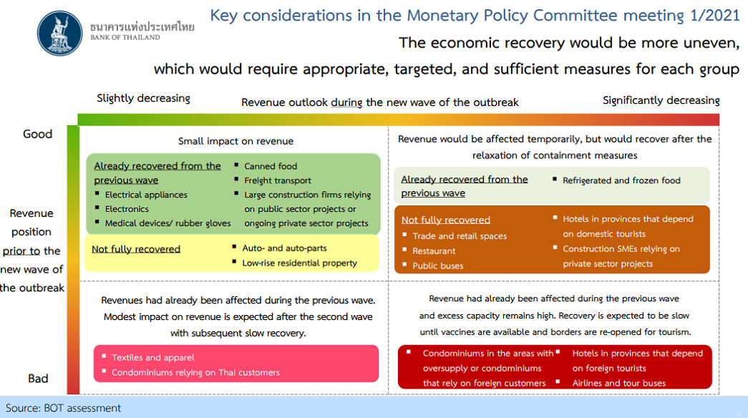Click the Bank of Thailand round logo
(x=60, y=33)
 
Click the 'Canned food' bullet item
(x=271, y=166)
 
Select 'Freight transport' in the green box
(x=278, y=180)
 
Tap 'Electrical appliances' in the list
(x=146, y=195)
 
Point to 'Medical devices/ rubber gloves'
(x=167, y=223)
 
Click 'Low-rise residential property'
(x=300, y=263)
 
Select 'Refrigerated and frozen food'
(x=621, y=180)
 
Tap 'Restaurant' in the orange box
(x=434, y=251)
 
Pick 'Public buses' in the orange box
(x=438, y=266)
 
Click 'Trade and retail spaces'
(x=460, y=236)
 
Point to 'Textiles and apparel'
(x=153, y=357)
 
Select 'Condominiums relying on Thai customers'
(x=195, y=372)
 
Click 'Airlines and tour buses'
(x=618, y=383)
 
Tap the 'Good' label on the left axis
(x=38, y=134)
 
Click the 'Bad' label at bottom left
(x=38, y=379)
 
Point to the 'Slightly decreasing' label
(x=144, y=98)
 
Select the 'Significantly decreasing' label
(x=661, y=100)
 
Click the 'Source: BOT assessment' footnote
(x=63, y=408)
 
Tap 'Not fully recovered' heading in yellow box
(x=136, y=249)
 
